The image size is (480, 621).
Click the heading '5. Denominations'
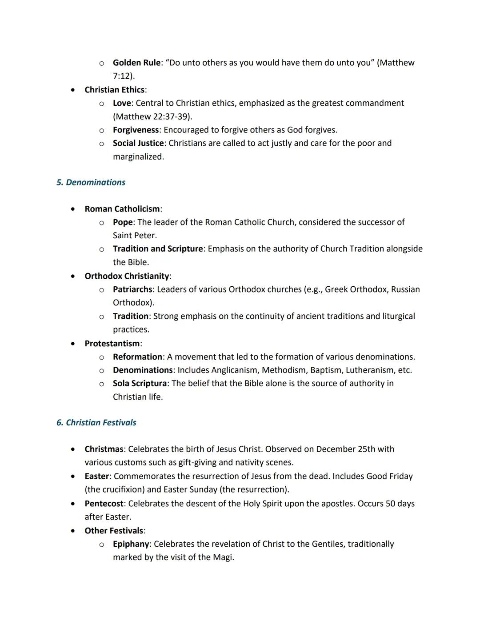(x=91, y=182)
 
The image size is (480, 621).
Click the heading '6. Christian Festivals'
(x=96, y=422)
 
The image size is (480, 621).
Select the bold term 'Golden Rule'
(x=136, y=63)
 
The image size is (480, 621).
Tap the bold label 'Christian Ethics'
(x=115, y=90)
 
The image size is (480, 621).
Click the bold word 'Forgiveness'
(x=136, y=130)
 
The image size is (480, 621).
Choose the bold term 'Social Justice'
(x=138, y=143)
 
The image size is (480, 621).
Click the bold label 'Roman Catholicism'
(x=122, y=209)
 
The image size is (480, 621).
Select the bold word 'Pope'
(x=123, y=222)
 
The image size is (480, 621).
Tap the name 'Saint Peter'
(x=134, y=236)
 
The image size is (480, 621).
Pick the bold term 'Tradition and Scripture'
(x=158, y=249)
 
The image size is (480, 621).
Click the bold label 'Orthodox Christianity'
(x=127, y=276)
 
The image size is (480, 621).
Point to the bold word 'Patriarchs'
(x=132, y=289)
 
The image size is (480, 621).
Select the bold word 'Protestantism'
(x=112, y=344)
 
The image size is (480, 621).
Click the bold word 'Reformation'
(x=137, y=357)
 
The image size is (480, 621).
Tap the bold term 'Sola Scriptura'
(x=140, y=384)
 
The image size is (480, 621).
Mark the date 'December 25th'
(x=346, y=449)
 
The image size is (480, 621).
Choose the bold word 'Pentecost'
(x=104, y=504)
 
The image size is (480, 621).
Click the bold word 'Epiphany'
(x=131, y=544)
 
